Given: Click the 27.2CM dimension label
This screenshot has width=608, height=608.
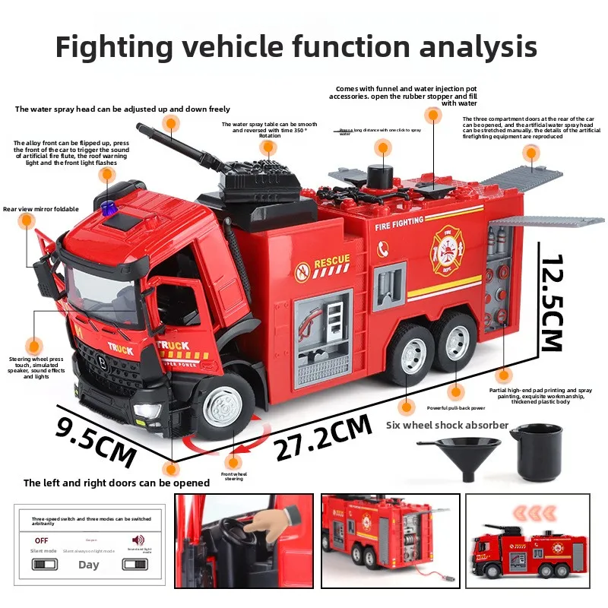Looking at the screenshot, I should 323,439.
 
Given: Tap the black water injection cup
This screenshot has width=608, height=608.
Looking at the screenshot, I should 535,451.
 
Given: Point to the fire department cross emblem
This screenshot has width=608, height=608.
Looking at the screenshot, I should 446,249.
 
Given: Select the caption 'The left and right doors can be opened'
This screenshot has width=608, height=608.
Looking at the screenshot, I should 116,483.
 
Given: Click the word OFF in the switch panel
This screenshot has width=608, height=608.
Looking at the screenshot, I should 41,540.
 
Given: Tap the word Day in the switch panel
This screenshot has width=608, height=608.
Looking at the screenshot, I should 89,565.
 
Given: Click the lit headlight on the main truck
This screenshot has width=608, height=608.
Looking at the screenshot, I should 141,411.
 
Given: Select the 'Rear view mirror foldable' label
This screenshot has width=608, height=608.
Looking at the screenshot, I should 40,209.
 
